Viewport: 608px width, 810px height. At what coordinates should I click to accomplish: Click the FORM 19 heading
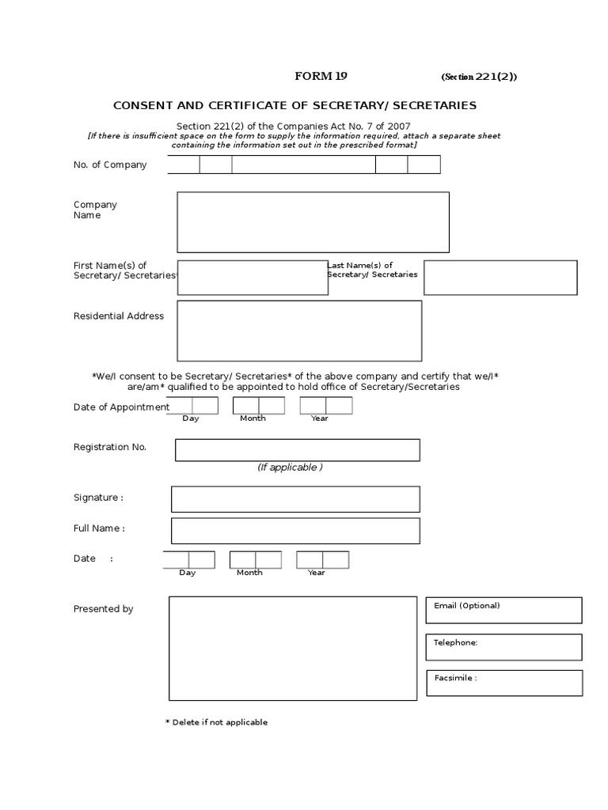click(x=321, y=76)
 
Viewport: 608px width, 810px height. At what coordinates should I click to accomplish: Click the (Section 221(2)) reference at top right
click(x=480, y=77)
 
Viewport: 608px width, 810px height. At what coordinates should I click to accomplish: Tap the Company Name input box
click(x=313, y=221)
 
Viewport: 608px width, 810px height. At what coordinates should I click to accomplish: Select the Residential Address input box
click(x=299, y=331)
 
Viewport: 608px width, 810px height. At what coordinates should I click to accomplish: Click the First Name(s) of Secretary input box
click(x=253, y=278)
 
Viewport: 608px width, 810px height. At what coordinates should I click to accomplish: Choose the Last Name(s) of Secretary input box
click(x=500, y=278)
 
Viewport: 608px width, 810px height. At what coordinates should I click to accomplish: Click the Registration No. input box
click(x=297, y=450)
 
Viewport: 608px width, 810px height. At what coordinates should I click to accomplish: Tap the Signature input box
click(x=295, y=499)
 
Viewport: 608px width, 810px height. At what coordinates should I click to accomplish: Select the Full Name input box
click(x=295, y=531)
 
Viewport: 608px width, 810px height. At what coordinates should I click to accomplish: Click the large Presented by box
click(x=292, y=649)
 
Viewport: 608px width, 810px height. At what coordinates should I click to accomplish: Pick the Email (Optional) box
click(x=503, y=611)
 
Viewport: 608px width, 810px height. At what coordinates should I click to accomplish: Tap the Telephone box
click(x=503, y=647)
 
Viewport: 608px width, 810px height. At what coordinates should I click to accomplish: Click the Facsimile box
click(x=503, y=683)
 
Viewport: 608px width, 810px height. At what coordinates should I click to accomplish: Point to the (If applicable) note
click(x=290, y=467)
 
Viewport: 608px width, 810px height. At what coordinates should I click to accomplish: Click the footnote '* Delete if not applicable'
click(x=216, y=722)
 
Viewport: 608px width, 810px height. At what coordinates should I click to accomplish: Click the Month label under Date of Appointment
click(x=253, y=418)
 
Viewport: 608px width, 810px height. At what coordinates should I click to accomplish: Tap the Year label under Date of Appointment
click(x=319, y=418)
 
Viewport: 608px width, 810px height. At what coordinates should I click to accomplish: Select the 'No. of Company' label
click(x=110, y=165)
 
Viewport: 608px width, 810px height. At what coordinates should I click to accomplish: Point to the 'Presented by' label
click(x=104, y=609)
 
